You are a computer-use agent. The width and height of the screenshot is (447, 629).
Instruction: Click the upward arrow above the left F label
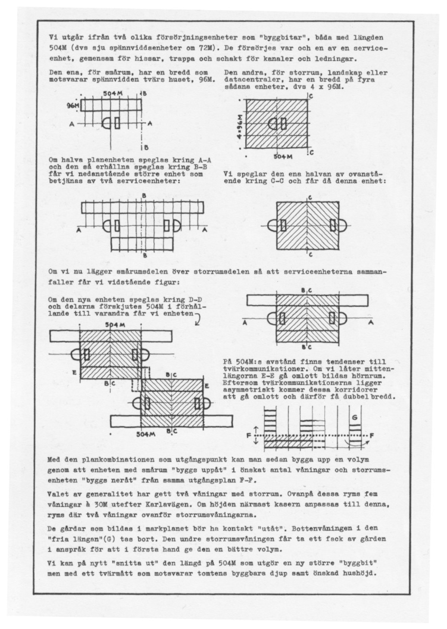[256, 430]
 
